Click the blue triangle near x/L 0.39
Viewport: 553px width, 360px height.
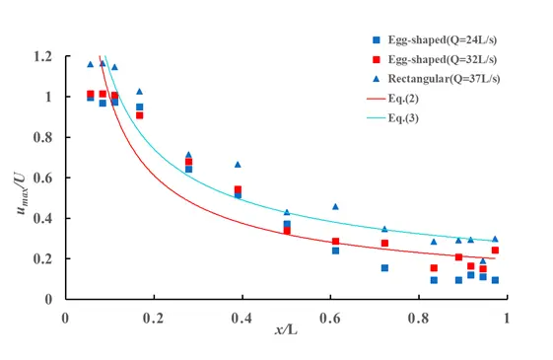[238, 164]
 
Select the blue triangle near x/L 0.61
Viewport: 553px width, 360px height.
[335, 206]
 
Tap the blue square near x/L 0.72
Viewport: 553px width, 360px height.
[384, 267]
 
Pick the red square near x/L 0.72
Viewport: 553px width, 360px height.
[384, 243]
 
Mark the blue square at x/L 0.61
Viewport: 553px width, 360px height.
[335, 251]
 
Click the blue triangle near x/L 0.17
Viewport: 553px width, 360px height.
[139, 91]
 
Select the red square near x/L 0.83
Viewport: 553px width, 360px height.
[433, 267]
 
